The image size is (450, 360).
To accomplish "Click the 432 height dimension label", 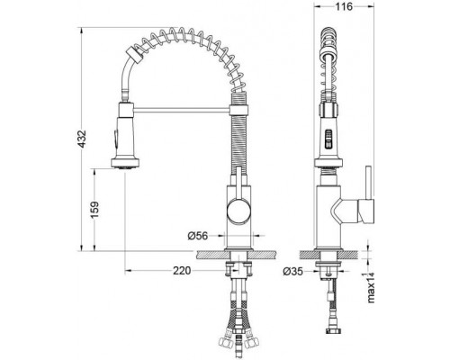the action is click(x=81, y=139).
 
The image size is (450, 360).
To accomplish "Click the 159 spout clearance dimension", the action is click(x=94, y=210).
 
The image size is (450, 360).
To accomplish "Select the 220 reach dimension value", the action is click(x=182, y=271).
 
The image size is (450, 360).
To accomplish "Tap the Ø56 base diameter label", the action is click(x=198, y=236).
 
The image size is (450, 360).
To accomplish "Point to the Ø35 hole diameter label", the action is click(x=292, y=272).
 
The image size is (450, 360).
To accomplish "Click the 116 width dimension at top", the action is click(x=344, y=6).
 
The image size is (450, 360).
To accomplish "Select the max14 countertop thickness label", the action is click(x=371, y=287).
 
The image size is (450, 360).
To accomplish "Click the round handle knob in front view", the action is click(x=238, y=211).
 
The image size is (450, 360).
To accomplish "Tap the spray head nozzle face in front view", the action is click(x=125, y=167).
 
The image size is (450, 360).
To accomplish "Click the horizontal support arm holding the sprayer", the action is click(x=181, y=111).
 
